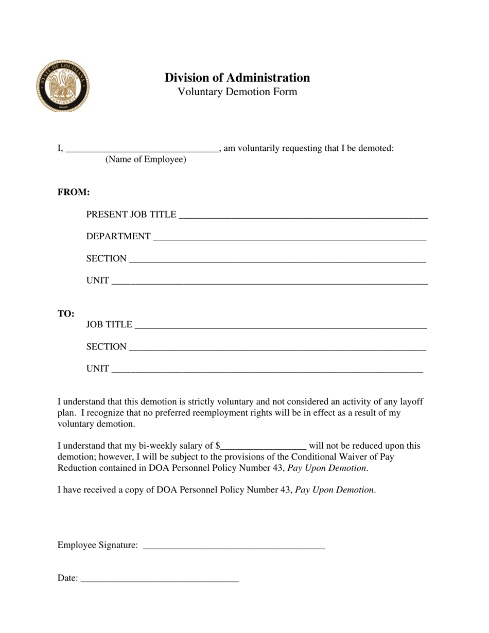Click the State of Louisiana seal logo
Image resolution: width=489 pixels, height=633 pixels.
point(63,86)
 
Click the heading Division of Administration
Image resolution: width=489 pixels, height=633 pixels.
point(237,78)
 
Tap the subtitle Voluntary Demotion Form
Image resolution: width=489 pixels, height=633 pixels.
point(237,92)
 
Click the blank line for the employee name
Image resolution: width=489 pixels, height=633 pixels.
point(143,150)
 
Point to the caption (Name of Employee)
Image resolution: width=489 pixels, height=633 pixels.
point(146,160)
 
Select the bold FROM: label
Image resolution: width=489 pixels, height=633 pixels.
point(74,192)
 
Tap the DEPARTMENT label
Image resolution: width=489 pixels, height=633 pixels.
point(118,236)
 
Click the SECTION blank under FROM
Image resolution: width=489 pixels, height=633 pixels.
point(277,260)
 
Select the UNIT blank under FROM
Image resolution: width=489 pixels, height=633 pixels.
point(269,282)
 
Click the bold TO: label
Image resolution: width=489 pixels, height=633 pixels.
point(66,314)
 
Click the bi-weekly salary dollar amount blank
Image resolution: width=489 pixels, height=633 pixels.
point(264,447)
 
